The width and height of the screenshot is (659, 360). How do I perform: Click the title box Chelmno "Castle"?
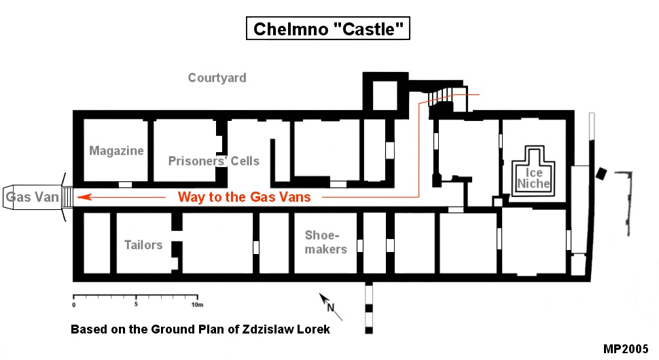(328, 29)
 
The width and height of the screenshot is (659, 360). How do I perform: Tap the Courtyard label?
(217, 77)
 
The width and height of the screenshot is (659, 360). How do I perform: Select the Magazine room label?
(116, 150)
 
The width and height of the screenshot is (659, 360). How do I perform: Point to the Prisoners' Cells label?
(213, 160)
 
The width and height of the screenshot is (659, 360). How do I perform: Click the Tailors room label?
(143, 245)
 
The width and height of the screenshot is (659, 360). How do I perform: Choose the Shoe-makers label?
(325, 242)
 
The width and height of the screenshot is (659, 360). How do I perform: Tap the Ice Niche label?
(533, 178)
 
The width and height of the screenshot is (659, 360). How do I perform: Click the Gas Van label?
(33, 196)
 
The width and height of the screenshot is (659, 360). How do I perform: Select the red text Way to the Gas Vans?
(244, 196)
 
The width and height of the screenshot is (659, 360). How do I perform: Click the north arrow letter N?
(331, 308)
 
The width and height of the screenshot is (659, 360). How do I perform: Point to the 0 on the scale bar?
(73, 305)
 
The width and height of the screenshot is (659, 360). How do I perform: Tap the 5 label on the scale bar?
(136, 304)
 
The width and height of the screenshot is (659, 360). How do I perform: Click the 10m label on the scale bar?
(197, 304)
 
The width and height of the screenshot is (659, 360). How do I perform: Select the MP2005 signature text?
(626, 349)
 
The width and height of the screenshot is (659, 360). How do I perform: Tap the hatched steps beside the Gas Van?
(67, 197)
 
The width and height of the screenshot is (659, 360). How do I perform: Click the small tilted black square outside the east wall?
(601, 173)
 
